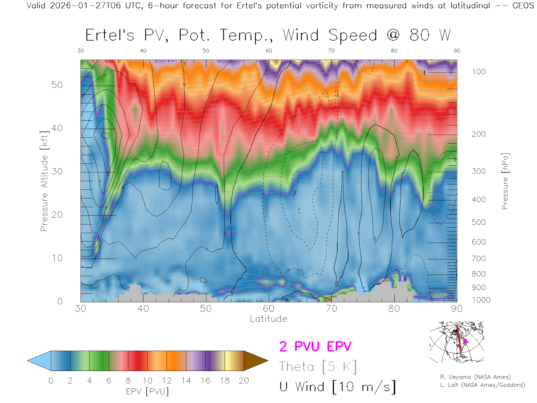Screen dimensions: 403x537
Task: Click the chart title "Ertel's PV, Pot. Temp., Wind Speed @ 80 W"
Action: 268,35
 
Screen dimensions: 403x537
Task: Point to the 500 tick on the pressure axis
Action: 479,222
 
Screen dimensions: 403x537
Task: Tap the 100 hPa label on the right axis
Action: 479,72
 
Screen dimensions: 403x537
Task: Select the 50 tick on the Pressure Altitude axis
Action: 57,85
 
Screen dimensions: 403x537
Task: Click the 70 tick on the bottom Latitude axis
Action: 331,308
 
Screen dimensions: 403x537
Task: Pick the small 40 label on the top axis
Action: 143,51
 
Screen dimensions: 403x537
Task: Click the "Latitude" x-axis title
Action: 268,319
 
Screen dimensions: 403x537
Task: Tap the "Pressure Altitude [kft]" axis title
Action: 44,181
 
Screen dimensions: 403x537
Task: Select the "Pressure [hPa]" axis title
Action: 505,181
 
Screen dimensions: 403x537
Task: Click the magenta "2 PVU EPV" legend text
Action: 315,346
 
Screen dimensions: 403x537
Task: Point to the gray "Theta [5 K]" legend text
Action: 318,367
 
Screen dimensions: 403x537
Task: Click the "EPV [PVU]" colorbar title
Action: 147,392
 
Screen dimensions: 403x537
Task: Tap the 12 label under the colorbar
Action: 167,381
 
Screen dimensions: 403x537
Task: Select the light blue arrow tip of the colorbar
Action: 39,361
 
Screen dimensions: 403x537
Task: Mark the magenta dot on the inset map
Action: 465,341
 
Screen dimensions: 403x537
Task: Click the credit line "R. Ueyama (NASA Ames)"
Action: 475,377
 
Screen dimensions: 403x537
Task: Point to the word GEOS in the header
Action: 523,6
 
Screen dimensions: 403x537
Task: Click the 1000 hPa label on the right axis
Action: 481,300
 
